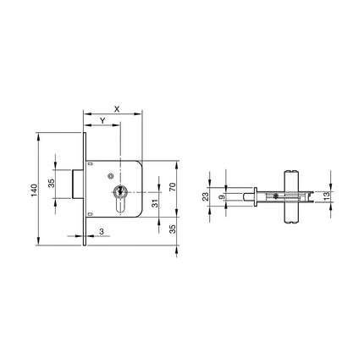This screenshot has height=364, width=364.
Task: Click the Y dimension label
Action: (x=102, y=121)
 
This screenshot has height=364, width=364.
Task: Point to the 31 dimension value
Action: (x=154, y=203)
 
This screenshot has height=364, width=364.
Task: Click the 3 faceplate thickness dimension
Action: (x=101, y=231)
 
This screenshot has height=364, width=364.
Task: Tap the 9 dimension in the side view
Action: (x=223, y=197)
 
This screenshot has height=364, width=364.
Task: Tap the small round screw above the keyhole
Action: (x=110, y=176)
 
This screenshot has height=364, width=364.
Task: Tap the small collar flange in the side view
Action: (x=256, y=197)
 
